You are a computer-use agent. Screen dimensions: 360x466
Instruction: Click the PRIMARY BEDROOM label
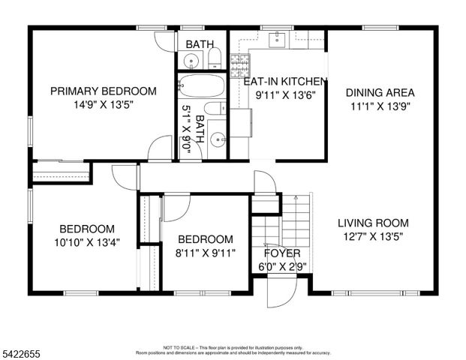point(103,91)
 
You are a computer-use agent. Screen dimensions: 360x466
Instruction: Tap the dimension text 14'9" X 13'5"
point(103,106)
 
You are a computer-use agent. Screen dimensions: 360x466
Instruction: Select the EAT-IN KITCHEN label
point(285,81)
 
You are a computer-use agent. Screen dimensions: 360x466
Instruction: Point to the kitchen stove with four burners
point(239,64)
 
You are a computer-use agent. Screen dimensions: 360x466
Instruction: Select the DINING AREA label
point(380,93)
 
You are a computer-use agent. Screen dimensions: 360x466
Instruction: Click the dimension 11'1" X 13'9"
point(380,106)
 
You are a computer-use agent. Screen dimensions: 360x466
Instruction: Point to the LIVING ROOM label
point(372,223)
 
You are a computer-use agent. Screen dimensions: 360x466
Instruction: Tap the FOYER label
point(282,253)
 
